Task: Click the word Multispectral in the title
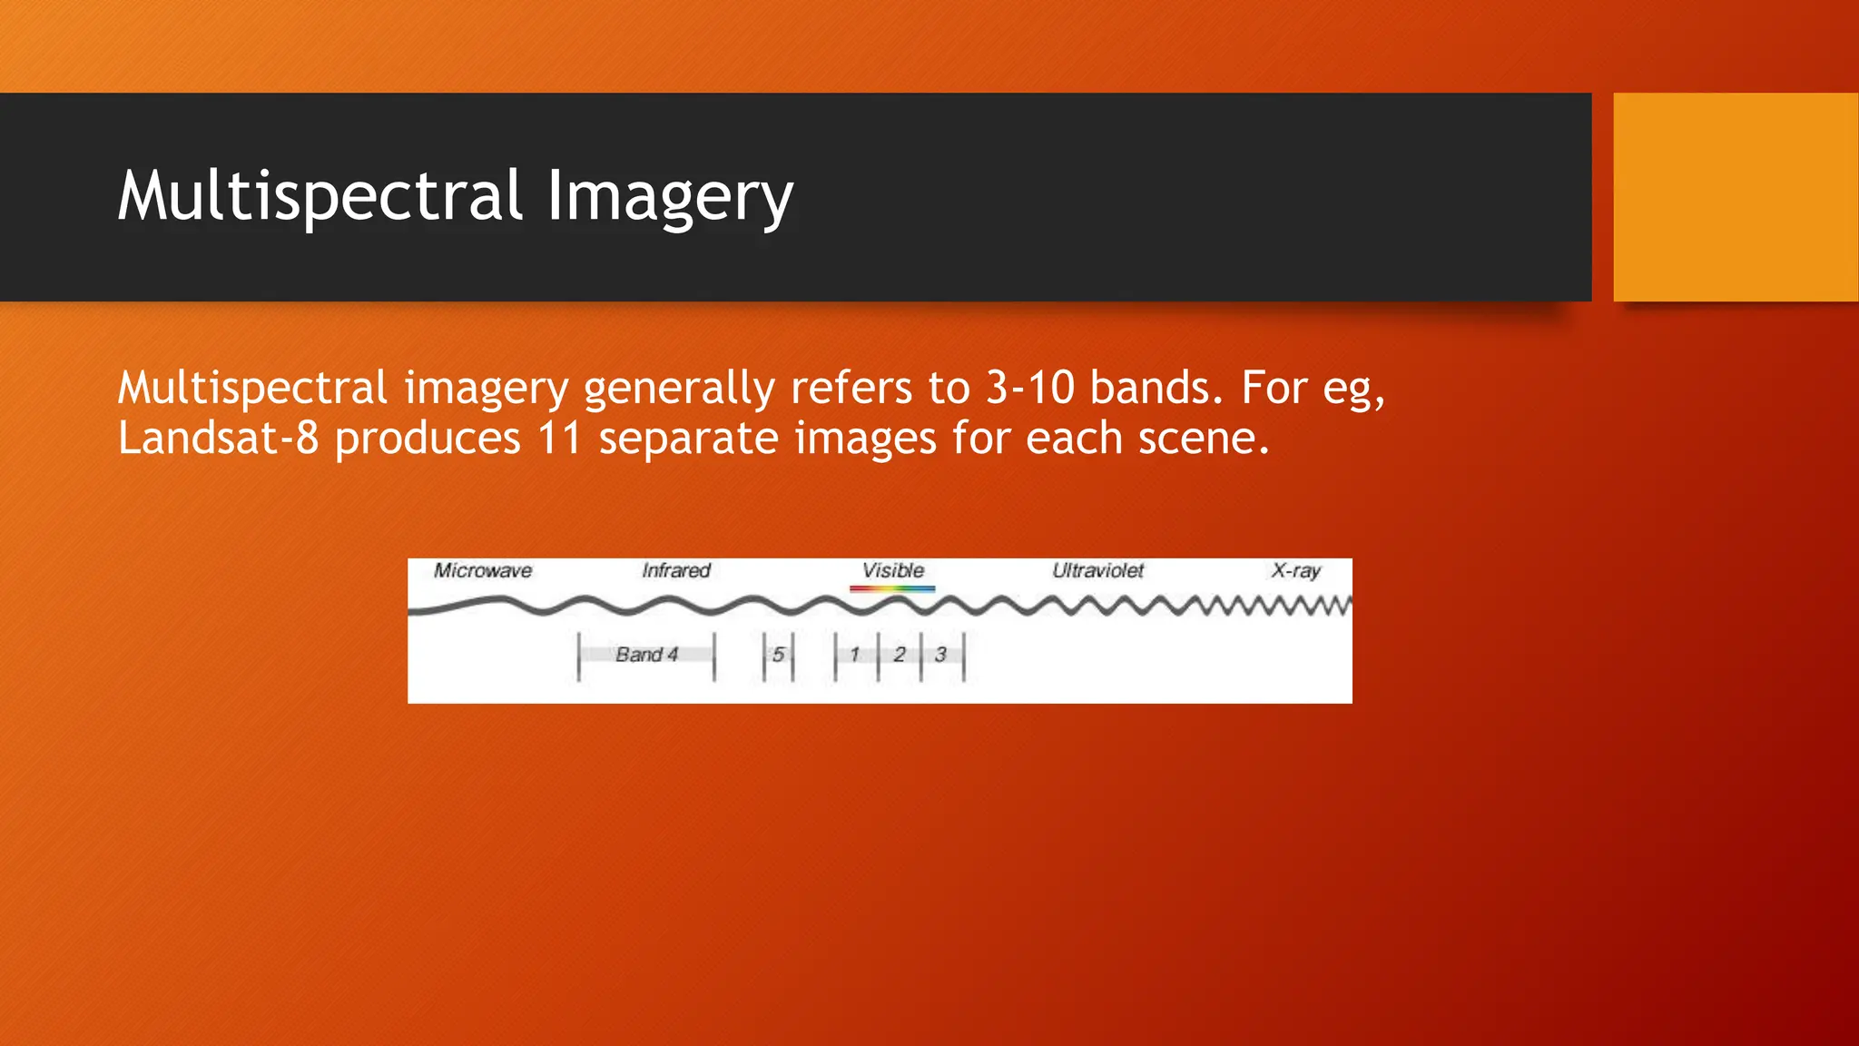coord(320,196)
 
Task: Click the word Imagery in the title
coord(670,196)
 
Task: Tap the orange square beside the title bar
coord(1736,197)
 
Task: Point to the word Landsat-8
coord(218,439)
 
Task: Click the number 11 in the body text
coord(559,439)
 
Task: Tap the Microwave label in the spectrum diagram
coord(482,571)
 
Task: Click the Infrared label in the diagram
coord(675,571)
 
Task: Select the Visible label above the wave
coord(892,571)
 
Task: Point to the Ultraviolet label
coord(1097,571)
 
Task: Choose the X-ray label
coord(1295,571)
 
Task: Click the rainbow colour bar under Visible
coord(892,588)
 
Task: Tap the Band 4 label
coord(646,655)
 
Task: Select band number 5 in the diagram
coord(778,655)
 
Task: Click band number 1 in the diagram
coord(854,655)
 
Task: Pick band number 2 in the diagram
coord(899,655)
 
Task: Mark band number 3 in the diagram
coord(940,655)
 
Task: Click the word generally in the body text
coord(679,388)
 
